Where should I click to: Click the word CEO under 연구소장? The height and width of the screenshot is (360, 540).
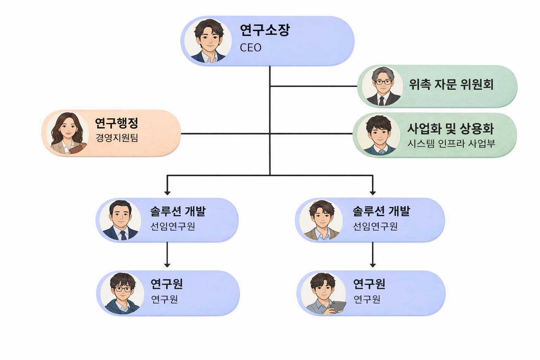[x=250, y=47]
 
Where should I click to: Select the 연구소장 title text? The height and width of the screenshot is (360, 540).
[x=265, y=30]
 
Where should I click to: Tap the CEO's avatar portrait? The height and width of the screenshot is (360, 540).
[x=208, y=41]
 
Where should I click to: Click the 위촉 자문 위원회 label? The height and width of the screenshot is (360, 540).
[x=451, y=84]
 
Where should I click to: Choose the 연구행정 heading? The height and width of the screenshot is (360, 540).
[x=116, y=123]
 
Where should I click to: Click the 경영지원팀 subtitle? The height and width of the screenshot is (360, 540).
[x=117, y=137]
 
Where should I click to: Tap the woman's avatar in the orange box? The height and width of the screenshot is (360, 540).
[x=67, y=133]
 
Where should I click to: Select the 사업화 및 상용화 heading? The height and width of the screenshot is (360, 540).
[x=451, y=129]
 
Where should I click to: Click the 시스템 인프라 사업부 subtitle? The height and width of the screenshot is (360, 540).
[x=451, y=143]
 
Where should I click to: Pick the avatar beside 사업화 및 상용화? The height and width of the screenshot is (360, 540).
[x=379, y=135]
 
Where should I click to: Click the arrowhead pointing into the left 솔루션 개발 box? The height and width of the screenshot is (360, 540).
[x=167, y=193]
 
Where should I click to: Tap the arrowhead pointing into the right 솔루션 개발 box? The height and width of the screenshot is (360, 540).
[x=373, y=193]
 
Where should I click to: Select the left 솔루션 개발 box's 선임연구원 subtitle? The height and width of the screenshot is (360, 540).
[x=173, y=226]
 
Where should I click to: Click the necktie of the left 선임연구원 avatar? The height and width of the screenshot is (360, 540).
[x=123, y=235]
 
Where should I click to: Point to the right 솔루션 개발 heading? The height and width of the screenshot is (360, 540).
[x=381, y=211]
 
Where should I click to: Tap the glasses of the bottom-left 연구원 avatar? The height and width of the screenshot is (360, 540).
[x=123, y=289]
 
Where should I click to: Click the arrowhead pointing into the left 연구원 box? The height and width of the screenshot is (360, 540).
[x=167, y=265]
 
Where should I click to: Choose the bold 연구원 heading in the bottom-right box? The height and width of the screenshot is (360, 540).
[x=369, y=284]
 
